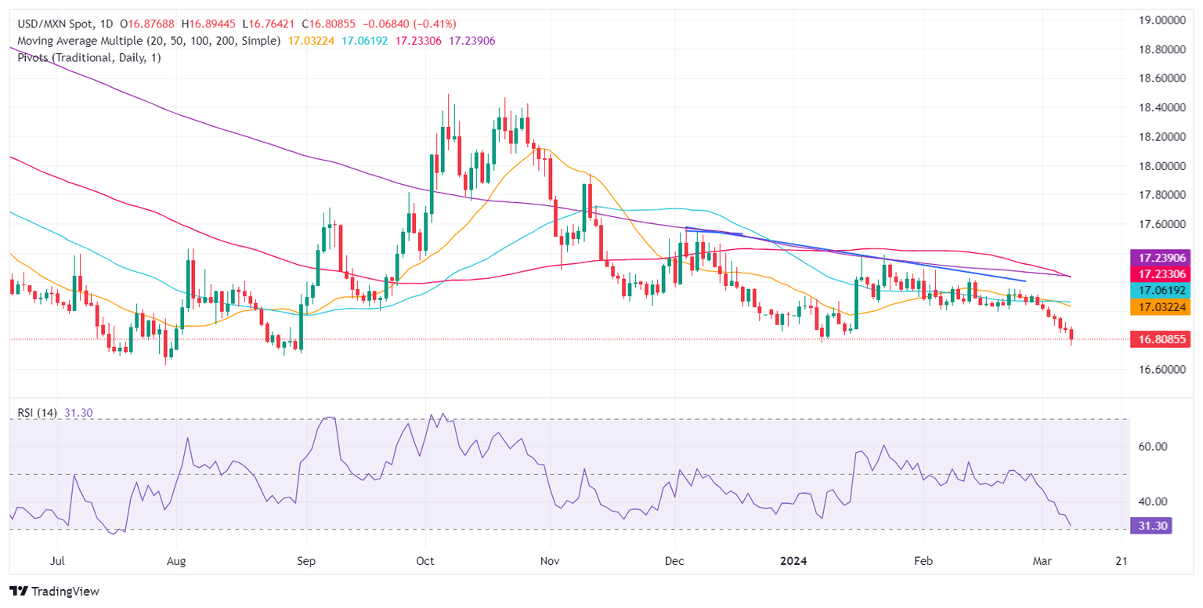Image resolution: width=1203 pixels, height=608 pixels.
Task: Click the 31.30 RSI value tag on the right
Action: pyautogui.click(x=1151, y=526)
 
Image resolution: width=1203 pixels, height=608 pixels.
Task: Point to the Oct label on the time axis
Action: pyautogui.click(x=424, y=561)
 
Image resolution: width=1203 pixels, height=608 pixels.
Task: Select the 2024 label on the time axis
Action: pyautogui.click(x=793, y=561)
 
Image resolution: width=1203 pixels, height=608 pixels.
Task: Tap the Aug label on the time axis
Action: pyautogui.click(x=177, y=561)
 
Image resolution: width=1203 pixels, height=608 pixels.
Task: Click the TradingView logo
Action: pyautogui.click(x=55, y=592)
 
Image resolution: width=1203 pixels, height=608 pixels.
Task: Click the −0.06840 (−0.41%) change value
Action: pyautogui.click(x=413, y=24)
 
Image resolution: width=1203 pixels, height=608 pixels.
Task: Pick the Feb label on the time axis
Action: pyautogui.click(x=923, y=561)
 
